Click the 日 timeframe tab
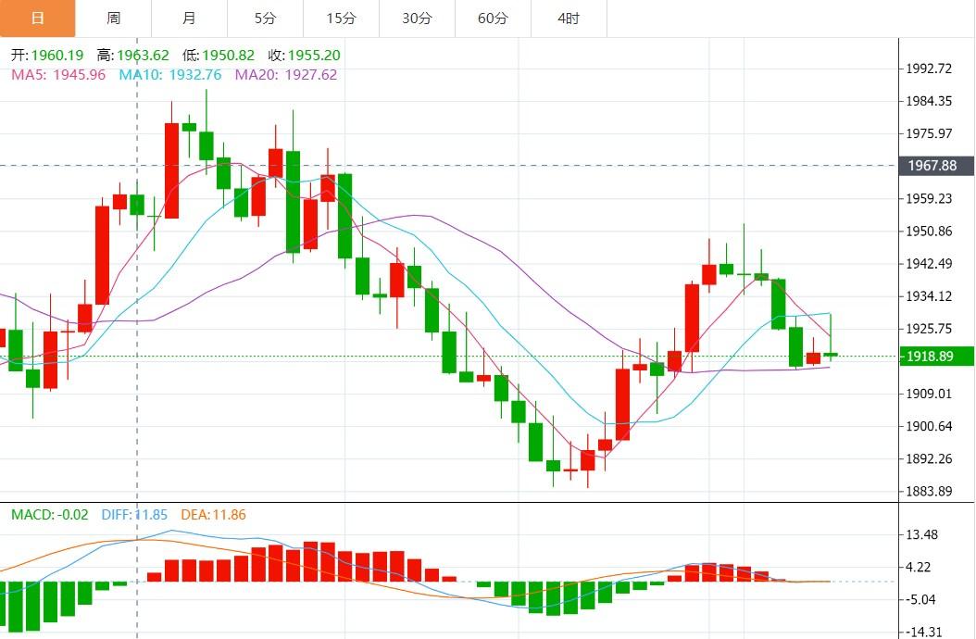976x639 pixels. coord(37,18)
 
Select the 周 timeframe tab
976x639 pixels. coord(113,18)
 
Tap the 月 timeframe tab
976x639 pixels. coord(189,18)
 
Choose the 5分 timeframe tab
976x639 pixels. coord(265,18)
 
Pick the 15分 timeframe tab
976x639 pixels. coord(341,18)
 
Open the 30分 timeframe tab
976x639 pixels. coord(417,18)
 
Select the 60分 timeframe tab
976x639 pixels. coord(493,18)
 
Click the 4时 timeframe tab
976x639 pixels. coord(569,18)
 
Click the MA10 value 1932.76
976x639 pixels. coord(192,74)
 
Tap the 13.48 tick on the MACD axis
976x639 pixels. coord(922,534)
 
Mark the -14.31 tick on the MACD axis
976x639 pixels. coord(922,632)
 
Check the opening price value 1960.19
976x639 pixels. coord(57,56)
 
